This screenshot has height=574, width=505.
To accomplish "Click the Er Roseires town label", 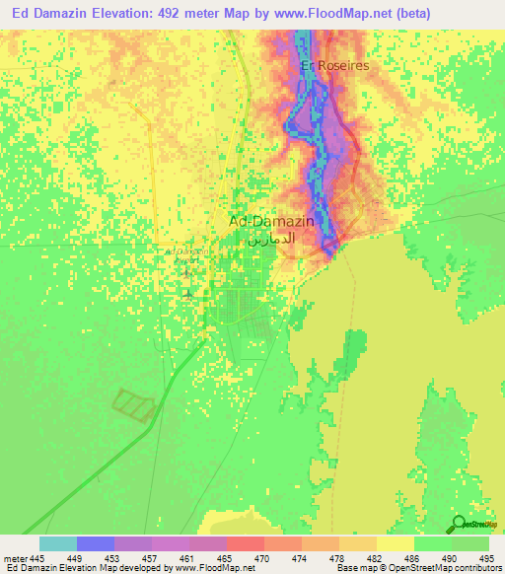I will point(334,65).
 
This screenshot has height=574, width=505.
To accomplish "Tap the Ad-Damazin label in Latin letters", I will point(271,221).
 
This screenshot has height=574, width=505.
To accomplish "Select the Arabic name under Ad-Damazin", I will point(271,239).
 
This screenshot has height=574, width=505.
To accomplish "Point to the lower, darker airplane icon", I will point(187,293).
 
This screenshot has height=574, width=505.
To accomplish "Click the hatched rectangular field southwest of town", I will point(135,404).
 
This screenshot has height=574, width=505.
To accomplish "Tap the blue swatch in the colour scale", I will point(96,543).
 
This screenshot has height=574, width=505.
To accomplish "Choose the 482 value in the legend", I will point(376,557).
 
